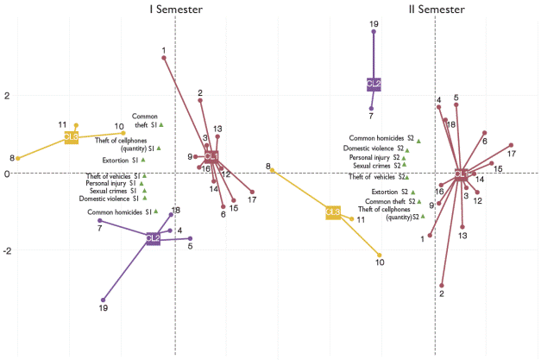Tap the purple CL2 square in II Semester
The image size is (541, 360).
(x=374, y=84)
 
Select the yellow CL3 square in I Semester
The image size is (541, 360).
(x=72, y=136)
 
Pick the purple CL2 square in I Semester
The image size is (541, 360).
(x=153, y=238)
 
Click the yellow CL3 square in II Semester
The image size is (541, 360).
(x=333, y=212)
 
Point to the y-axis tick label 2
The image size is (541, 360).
(x=6, y=96)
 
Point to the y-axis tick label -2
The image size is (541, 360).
(x=5, y=251)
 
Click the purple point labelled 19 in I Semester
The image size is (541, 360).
(x=104, y=300)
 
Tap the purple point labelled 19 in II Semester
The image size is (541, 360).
(x=374, y=32)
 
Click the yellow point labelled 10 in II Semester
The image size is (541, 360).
(x=380, y=255)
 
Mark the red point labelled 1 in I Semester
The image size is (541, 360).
(x=164, y=58)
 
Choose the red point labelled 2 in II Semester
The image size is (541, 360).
(x=442, y=285)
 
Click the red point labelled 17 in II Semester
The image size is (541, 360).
(x=511, y=145)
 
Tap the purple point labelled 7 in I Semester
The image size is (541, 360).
(x=100, y=220)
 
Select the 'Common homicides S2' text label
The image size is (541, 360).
(x=381, y=138)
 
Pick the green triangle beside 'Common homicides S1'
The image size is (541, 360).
(x=156, y=211)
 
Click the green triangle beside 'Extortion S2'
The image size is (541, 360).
(x=413, y=192)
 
